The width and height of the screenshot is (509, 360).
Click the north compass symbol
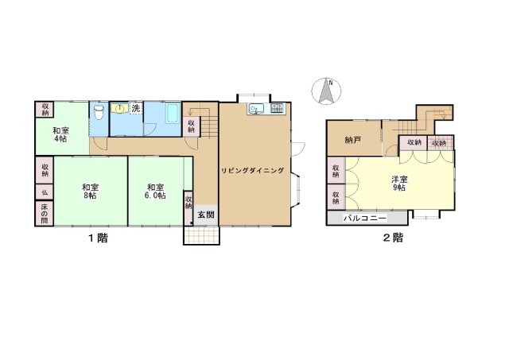[326, 91]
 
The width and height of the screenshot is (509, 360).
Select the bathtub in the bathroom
[173, 114]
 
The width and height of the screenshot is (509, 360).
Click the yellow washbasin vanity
[120, 108]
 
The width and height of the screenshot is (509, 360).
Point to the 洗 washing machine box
[136, 108]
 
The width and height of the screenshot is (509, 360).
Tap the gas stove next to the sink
[278, 108]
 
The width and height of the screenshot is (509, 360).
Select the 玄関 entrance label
[206, 215]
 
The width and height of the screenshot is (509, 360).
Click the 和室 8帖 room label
[90, 192]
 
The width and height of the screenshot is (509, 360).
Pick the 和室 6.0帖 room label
[155, 192]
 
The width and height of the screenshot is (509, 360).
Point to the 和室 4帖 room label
[61, 134]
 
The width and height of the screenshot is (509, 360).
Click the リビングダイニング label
[253, 171]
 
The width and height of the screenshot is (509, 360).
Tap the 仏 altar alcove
[45, 192]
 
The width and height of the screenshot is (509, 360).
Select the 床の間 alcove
[45, 213]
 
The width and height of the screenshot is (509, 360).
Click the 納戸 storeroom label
[352, 141]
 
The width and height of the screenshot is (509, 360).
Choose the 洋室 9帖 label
[399, 184]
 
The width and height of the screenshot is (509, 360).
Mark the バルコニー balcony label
[365, 218]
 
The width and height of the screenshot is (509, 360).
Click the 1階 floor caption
[98, 238]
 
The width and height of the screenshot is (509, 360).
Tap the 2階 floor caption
[393, 238]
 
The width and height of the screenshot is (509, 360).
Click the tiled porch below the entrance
[201, 235]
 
